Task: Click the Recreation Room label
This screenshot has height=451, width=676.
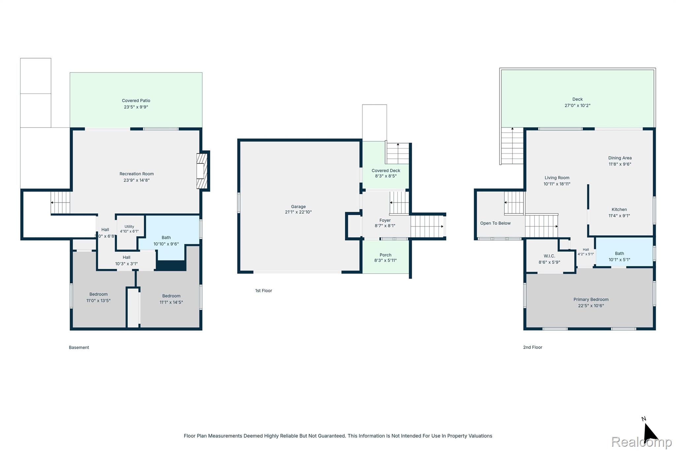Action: pyautogui.click(x=137, y=174)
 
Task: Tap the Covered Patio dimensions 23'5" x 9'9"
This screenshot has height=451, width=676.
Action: pyautogui.click(x=136, y=107)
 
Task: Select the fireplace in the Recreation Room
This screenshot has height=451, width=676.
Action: pyautogui.click(x=202, y=171)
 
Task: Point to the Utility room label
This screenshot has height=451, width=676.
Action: pyautogui.click(x=129, y=227)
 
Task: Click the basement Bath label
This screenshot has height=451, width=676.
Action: pyautogui.click(x=166, y=238)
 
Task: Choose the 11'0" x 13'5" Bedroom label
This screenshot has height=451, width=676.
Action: pyautogui.click(x=98, y=294)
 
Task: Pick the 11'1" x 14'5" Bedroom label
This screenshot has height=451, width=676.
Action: pyautogui.click(x=171, y=296)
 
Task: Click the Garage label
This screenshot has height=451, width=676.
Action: pyautogui.click(x=298, y=207)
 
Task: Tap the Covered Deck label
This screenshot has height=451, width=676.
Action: pyautogui.click(x=386, y=170)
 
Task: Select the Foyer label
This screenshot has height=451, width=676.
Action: pyautogui.click(x=385, y=220)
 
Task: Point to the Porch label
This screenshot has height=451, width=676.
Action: pyautogui.click(x=386, y=255)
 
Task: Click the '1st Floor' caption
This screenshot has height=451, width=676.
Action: pyautogui.click(x=264, y=291)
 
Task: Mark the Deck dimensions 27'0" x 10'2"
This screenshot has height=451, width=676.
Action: pyautogui.click(x=578, y=106)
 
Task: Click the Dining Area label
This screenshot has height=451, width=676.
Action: pyautogui.click(x=620, y=158)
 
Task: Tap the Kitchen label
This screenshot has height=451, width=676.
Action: pyautogui.click(x=619, y=209)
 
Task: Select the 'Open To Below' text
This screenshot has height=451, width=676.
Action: pyautogui.click(x=495, y=223)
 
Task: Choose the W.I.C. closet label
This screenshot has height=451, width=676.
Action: pyautogui.click(x=550, y=256)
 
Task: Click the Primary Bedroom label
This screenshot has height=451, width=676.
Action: pyautogui.click(x=591, y=300)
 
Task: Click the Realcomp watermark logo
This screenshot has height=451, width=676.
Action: pyautogui.click(x=642, y=442)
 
